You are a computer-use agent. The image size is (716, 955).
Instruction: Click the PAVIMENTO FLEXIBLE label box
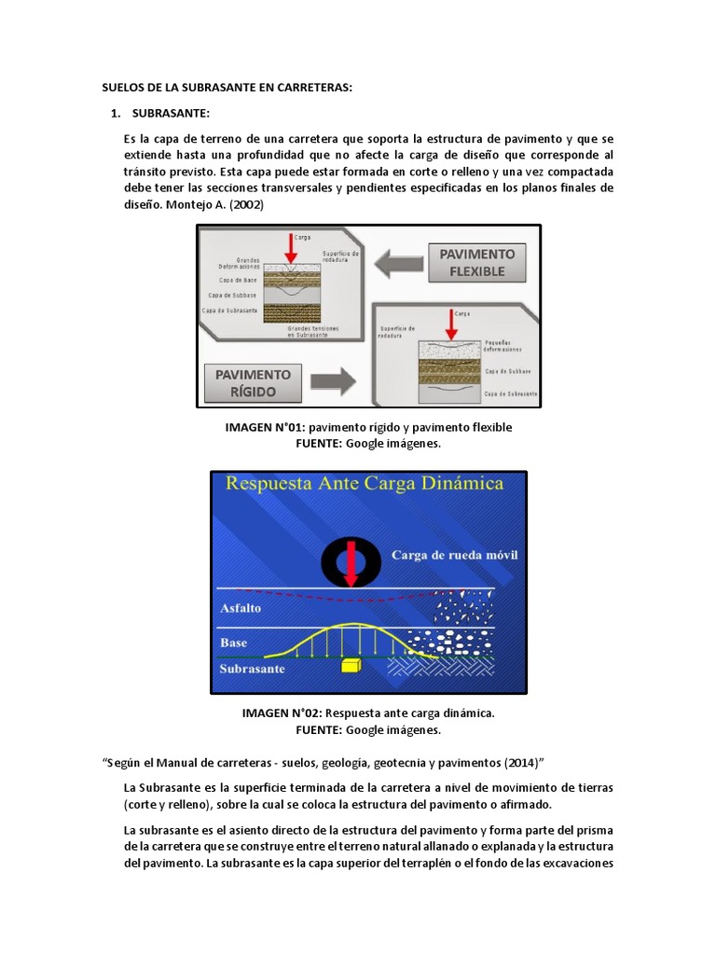(477, 262)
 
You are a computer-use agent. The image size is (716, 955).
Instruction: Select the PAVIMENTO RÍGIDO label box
(254, 382)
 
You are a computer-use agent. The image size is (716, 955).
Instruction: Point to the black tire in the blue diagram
(350, 562)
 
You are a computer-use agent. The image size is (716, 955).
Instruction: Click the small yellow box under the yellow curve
(351, 665)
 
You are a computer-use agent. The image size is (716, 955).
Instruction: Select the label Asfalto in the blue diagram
(241, 607)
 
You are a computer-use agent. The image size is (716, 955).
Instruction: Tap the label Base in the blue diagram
(233, 643)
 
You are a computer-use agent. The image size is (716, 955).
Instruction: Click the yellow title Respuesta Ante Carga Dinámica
(365, 483)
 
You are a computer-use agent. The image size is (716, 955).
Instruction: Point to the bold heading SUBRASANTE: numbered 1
(171, 114)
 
